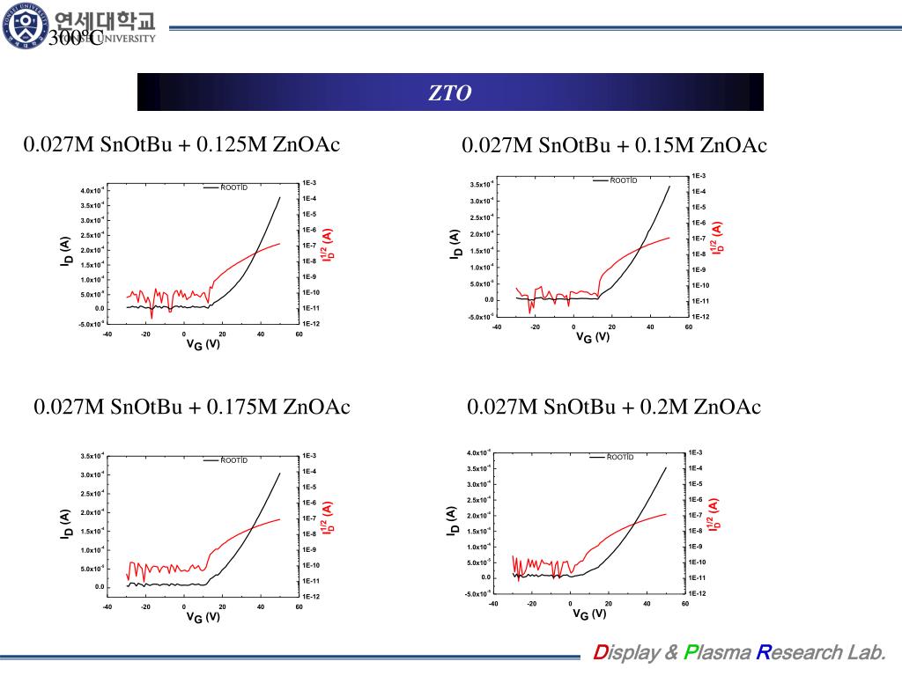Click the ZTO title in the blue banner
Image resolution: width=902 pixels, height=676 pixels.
coord(450,92)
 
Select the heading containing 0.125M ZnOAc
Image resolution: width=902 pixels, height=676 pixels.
coord(181,144)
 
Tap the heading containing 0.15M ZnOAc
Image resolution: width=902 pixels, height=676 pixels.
coord(614,145)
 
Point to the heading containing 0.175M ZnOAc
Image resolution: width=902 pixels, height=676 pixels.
coord(192,407)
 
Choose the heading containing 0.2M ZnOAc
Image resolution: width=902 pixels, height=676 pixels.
coord(614,407)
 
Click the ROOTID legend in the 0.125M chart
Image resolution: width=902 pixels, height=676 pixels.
coord(233,187)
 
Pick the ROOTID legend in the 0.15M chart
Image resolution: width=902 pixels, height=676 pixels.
coord(623,180)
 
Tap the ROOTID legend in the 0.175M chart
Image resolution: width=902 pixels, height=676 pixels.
coord(233,460)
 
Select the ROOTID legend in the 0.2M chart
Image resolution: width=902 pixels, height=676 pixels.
coord(620,457)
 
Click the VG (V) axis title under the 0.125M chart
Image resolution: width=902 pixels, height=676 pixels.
coord(203,344)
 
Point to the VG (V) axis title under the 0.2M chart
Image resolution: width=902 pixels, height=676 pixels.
coord(591,614)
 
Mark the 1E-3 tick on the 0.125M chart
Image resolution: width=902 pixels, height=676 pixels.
coord(309,183)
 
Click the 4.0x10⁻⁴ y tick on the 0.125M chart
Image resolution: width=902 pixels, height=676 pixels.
coord(92,190)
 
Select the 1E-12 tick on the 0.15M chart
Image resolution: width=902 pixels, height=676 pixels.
coord(700,317)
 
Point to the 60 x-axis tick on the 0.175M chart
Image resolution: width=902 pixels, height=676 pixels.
coord(299,606)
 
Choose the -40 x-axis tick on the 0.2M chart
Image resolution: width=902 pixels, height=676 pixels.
coord(493,603)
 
